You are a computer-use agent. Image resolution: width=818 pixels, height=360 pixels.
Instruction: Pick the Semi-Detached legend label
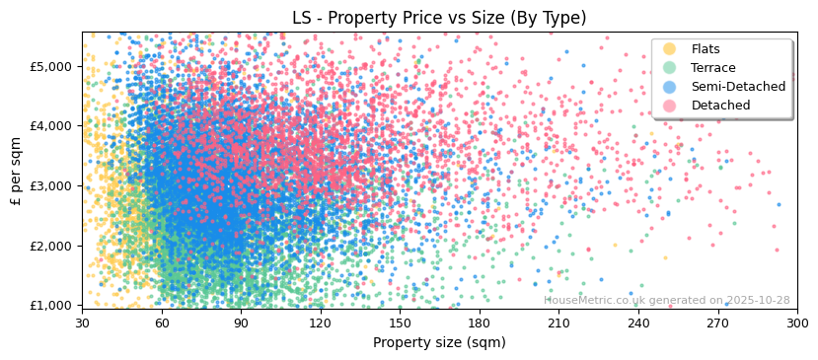738,87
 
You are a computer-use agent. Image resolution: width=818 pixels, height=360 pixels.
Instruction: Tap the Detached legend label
720,106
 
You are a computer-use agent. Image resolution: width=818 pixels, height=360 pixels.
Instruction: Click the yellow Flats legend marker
670,49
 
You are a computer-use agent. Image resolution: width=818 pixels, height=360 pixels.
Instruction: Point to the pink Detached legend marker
670,106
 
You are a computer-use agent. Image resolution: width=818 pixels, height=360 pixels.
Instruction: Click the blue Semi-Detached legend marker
670,87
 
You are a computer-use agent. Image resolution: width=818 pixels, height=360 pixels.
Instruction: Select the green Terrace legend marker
670,68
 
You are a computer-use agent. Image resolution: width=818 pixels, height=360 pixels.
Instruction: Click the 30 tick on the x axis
82,323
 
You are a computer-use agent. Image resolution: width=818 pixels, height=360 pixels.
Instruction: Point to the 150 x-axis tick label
400,323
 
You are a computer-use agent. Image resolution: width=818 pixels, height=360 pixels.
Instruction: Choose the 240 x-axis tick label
638,323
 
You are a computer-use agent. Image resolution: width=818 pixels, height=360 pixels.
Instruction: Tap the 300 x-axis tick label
797,323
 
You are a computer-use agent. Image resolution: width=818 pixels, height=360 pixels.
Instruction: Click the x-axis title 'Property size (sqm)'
439,342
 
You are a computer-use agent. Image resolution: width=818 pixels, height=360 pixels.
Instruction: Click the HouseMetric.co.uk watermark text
666,300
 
